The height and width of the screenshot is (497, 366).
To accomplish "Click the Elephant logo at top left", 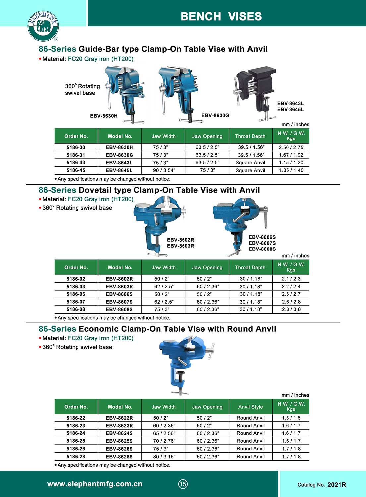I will click(43, 26).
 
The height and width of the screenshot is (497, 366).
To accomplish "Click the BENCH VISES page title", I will click(221, 16).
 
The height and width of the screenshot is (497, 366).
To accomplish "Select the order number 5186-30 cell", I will click(76, 147).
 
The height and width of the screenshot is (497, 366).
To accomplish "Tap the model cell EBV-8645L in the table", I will click(119, 170).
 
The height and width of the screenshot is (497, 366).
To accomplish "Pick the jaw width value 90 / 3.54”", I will click(164, 170).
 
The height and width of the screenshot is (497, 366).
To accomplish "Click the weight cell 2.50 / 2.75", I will click(291, 147).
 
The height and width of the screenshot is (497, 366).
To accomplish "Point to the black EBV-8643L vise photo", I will click(255, 91).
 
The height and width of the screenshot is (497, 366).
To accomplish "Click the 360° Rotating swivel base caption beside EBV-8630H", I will click(82, 89).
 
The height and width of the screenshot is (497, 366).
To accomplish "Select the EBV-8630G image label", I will click(215, 115).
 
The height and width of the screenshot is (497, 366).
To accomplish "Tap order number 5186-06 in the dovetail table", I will click(76, 294).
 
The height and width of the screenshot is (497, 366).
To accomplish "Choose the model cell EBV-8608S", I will click(119, 309).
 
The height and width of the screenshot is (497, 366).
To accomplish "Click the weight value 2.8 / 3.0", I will click(291, 309).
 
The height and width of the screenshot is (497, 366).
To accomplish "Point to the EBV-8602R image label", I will click(181, 240).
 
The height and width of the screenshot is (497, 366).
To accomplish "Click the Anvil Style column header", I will click(250, 407).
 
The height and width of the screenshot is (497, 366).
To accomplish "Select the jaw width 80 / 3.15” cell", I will click(164, 457).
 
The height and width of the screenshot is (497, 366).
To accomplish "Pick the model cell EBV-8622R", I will click(119, 418).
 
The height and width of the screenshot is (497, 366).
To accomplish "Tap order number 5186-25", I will click(76, 441).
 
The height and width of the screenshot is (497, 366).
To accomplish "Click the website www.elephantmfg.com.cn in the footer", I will click(95, 484).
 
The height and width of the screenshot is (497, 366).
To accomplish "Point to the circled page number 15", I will click(183, 484).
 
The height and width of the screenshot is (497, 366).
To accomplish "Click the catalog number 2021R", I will click(337, 485).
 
